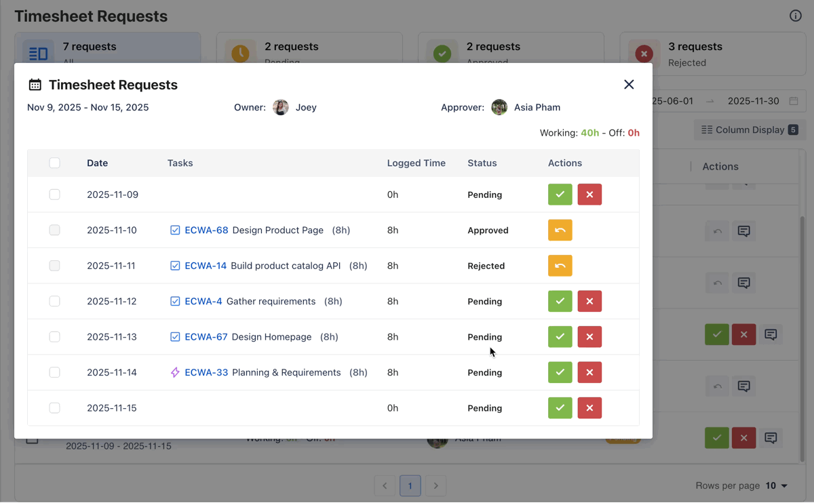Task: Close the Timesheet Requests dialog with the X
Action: coord(629,85)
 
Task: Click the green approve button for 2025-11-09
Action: coord(560,195)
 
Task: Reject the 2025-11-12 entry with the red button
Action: coord(589,301)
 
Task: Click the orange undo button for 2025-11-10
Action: coord(560,230)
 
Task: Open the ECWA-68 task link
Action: coord(206,230)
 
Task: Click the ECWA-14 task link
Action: coord(206,266)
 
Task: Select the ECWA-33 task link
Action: coord(206,372)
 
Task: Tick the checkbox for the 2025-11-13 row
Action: coord(55,337)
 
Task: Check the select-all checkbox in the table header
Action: coord(55,163)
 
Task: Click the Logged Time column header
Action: coord(416,163)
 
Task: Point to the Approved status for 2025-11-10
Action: coord(488,230)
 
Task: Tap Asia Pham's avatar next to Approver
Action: coord(499,107)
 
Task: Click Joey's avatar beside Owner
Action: coord(281,107)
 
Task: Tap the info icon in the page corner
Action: coord(796,16)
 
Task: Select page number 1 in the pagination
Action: coord(410,485)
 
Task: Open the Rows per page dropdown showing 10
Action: coord(777,485)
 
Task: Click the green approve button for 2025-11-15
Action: coord(560,408)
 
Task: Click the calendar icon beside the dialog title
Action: coord(35,85)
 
